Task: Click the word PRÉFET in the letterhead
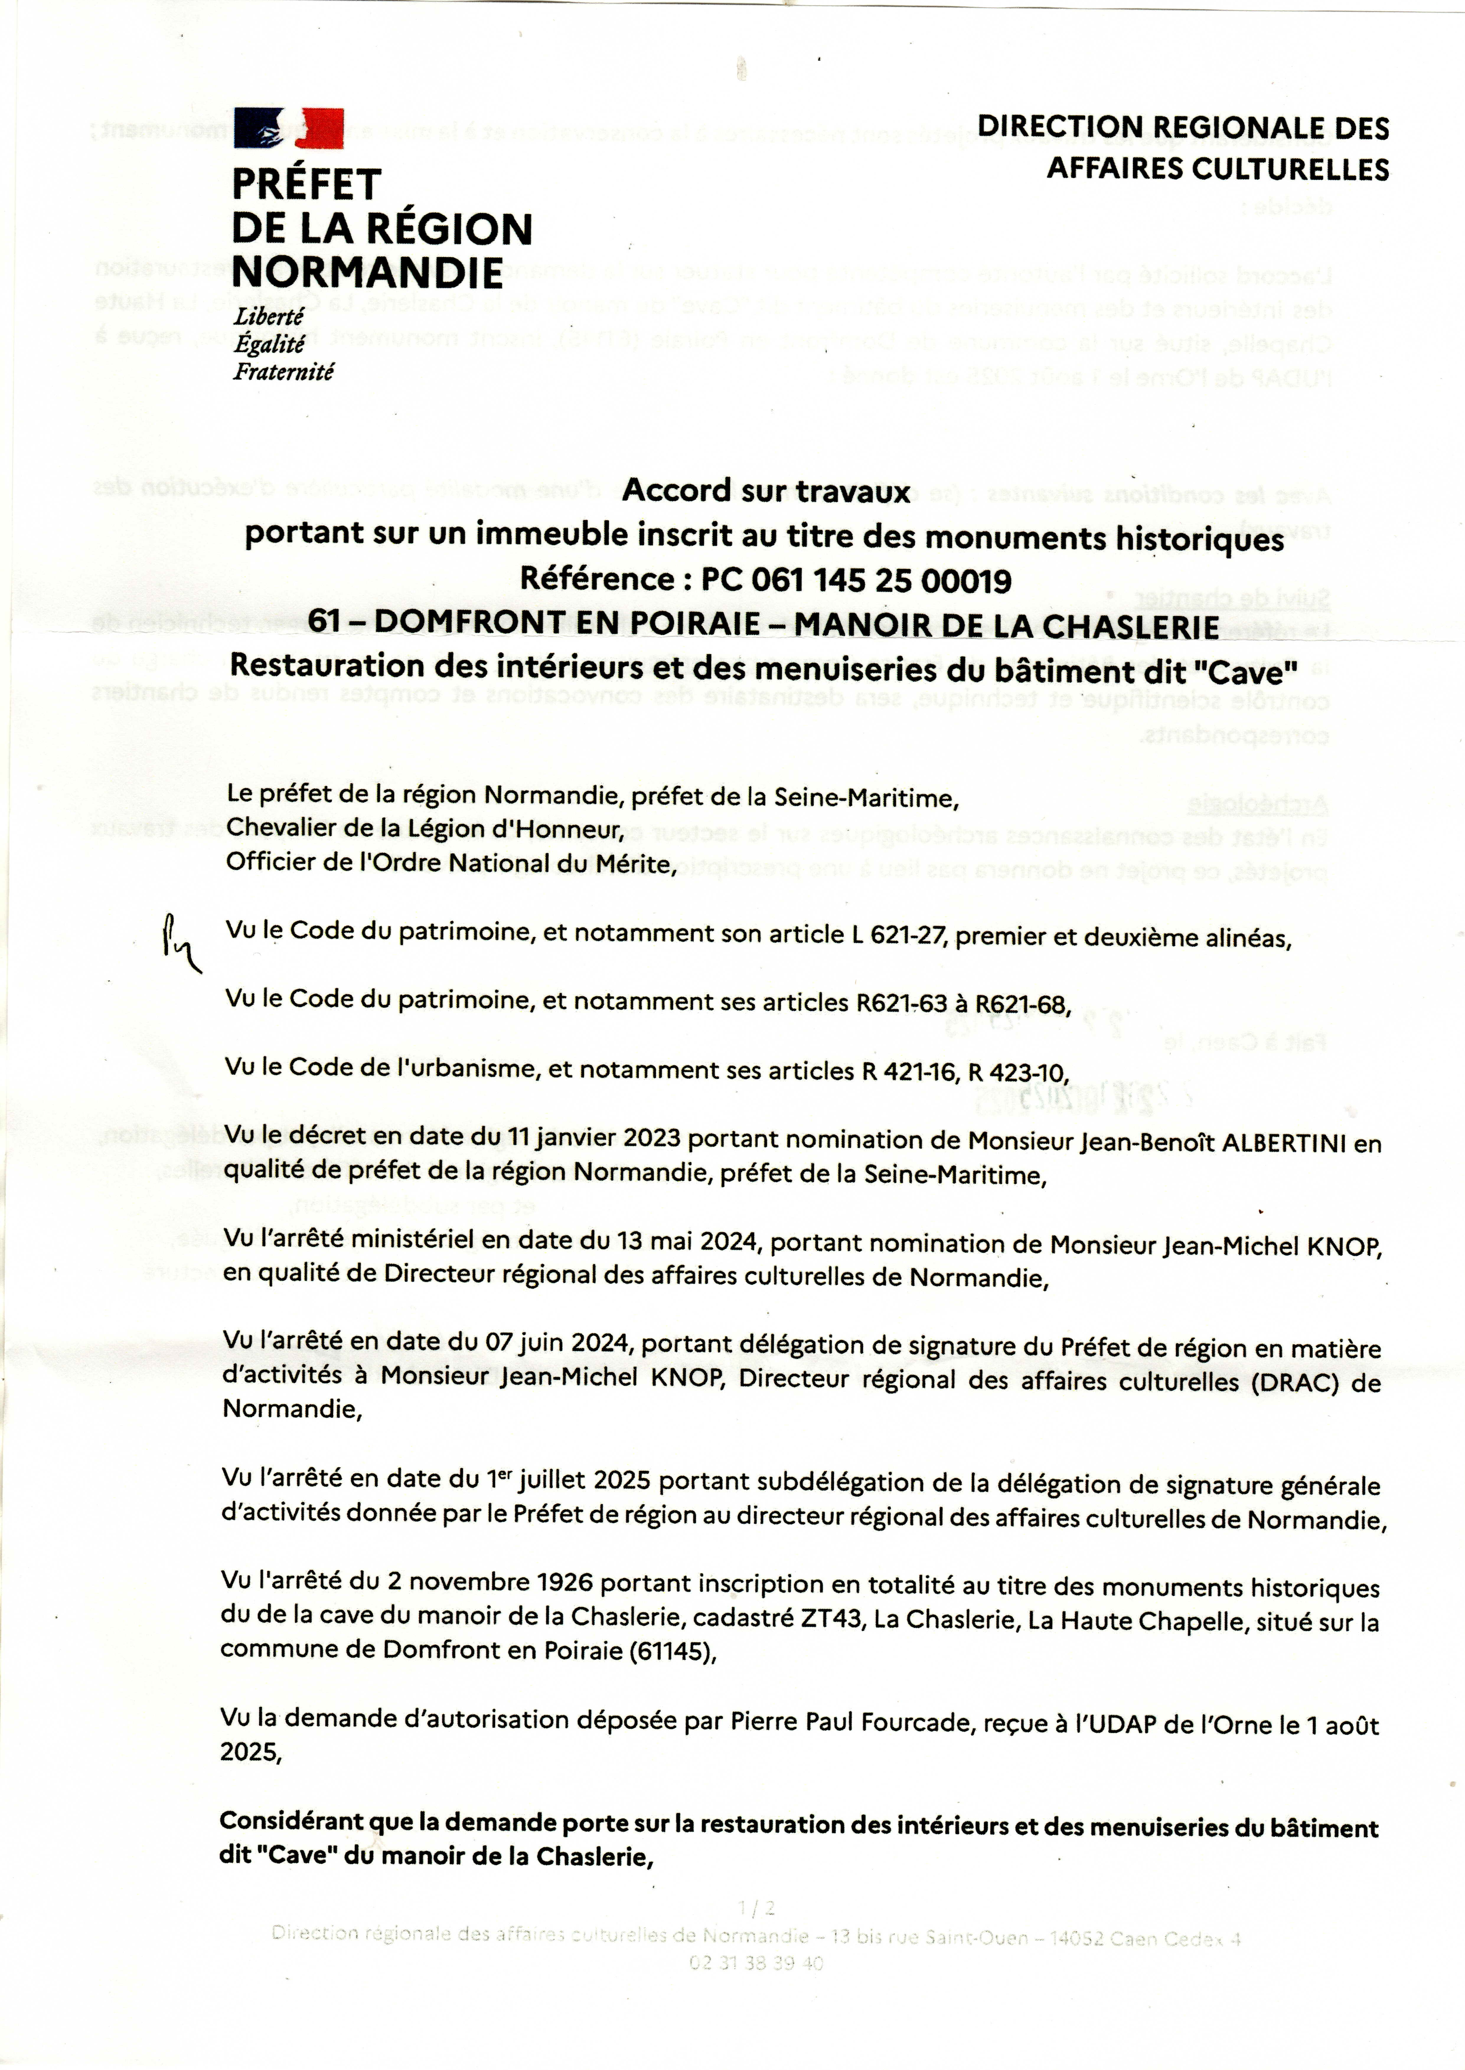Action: coord(307,185)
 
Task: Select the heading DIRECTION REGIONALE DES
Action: coord(1184,128)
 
